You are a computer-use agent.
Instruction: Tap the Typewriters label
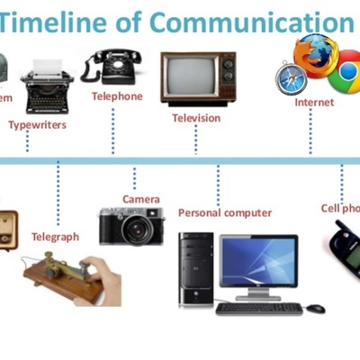(37, 125)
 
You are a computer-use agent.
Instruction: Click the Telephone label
(116, 96)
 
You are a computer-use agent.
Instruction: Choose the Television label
(197, 118)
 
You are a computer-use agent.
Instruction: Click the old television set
(197, 79)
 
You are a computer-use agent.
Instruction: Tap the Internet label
(314, 103)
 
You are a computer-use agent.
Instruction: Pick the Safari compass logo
(291, 79)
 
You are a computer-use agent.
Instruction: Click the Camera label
(141, 199)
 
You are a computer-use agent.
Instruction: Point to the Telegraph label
(55, 237)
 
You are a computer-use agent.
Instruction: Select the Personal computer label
(224, 213)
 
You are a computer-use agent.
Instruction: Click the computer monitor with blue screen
(258, 262)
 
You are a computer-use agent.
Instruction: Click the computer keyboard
(258, 309)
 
